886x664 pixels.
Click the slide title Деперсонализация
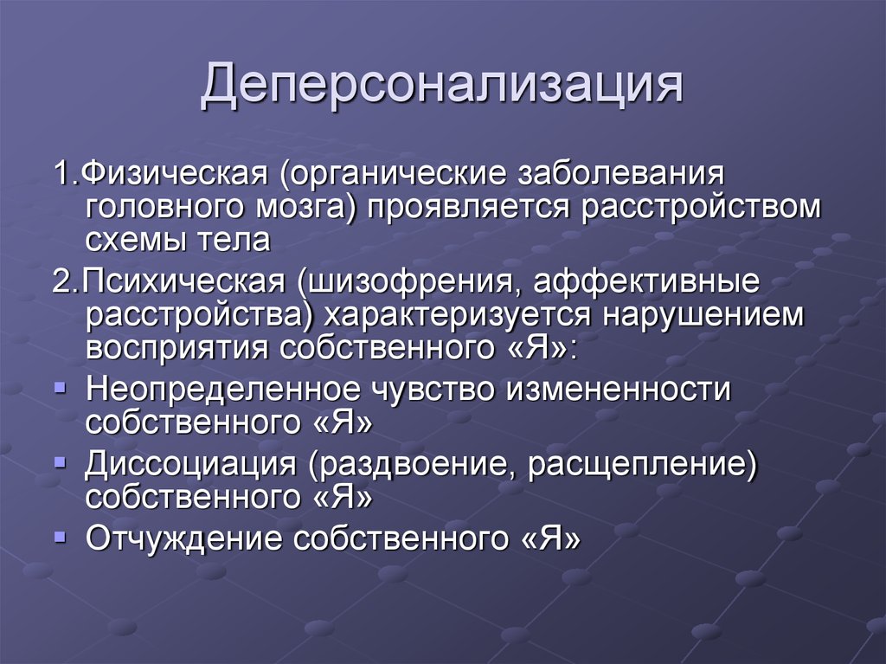point(442,85)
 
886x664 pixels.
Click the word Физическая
point(175,174)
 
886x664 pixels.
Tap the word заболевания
point(620,174)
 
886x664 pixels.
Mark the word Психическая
point(183,281)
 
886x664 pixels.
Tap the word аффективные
point(646,281)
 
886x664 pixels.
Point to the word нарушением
point(703,316)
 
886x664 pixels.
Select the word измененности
point(618,389)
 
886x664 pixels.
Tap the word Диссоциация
point(191,465)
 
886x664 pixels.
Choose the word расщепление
point(637,465)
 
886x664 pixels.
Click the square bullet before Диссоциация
point(60,462)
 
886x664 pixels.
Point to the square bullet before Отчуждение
point(60,536)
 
